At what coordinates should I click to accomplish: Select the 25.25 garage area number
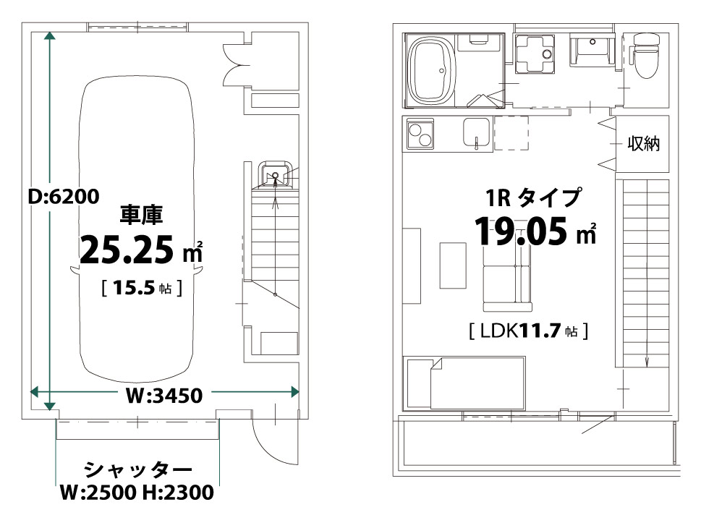tap(127, 250)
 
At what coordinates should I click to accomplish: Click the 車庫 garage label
tap(141, 215)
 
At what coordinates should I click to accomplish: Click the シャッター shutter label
tap(137, 469)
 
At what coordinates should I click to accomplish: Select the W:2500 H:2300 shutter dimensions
tap(137, 493)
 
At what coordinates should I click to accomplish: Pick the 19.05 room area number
tap(520, 232)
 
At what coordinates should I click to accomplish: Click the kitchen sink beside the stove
tap(477, 133)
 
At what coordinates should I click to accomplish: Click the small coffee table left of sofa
tap(453, 265)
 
